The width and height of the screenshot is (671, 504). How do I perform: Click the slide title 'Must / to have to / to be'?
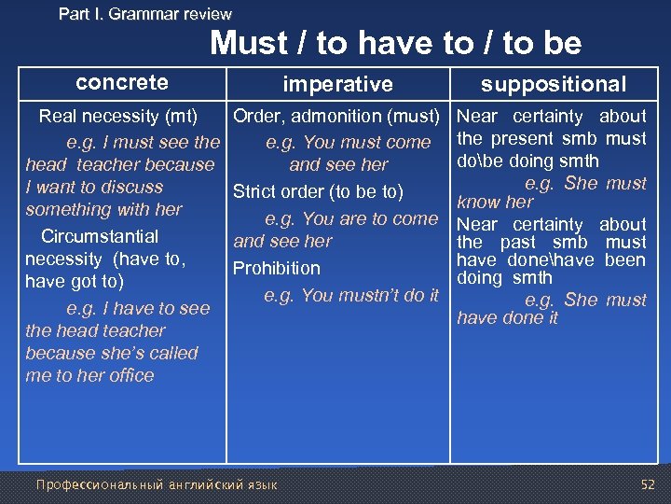pyautogui.click(x=395, y=43)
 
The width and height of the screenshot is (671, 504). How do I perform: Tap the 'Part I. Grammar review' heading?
pyautogui.click(x=144, y=14)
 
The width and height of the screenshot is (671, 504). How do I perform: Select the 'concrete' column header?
pyautogui.click(x=122, y=82)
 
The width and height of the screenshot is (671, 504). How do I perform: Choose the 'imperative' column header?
pyautogui.click(x=337, y=85)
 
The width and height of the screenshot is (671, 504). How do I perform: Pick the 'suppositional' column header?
pyautogui.click(x=553, y=85)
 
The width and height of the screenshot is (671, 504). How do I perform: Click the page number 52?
pyautogui.click(x=648, y=484)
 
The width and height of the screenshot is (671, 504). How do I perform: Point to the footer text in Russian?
pyautogui.click(x=156, y=484)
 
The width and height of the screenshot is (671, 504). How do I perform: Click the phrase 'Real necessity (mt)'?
pyautogui.click(x=117, y=117)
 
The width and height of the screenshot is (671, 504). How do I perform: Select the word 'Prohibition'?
pyautogui.click(x=276, y=269)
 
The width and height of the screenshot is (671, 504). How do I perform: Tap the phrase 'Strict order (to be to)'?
pyautogui.click(x=318, y=192)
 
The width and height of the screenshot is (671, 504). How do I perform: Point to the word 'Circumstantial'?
pyautogui.click(x=100, y=237)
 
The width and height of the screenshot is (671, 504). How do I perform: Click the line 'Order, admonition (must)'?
pyautogui.click(x=335, y=117)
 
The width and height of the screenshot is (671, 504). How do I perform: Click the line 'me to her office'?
pyautogui.click(x=89, y=376)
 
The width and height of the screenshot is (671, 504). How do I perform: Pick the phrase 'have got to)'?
pyautogui.click(x=75, y=282)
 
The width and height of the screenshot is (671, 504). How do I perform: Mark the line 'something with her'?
pyautogui.click(x=103, y=210)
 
